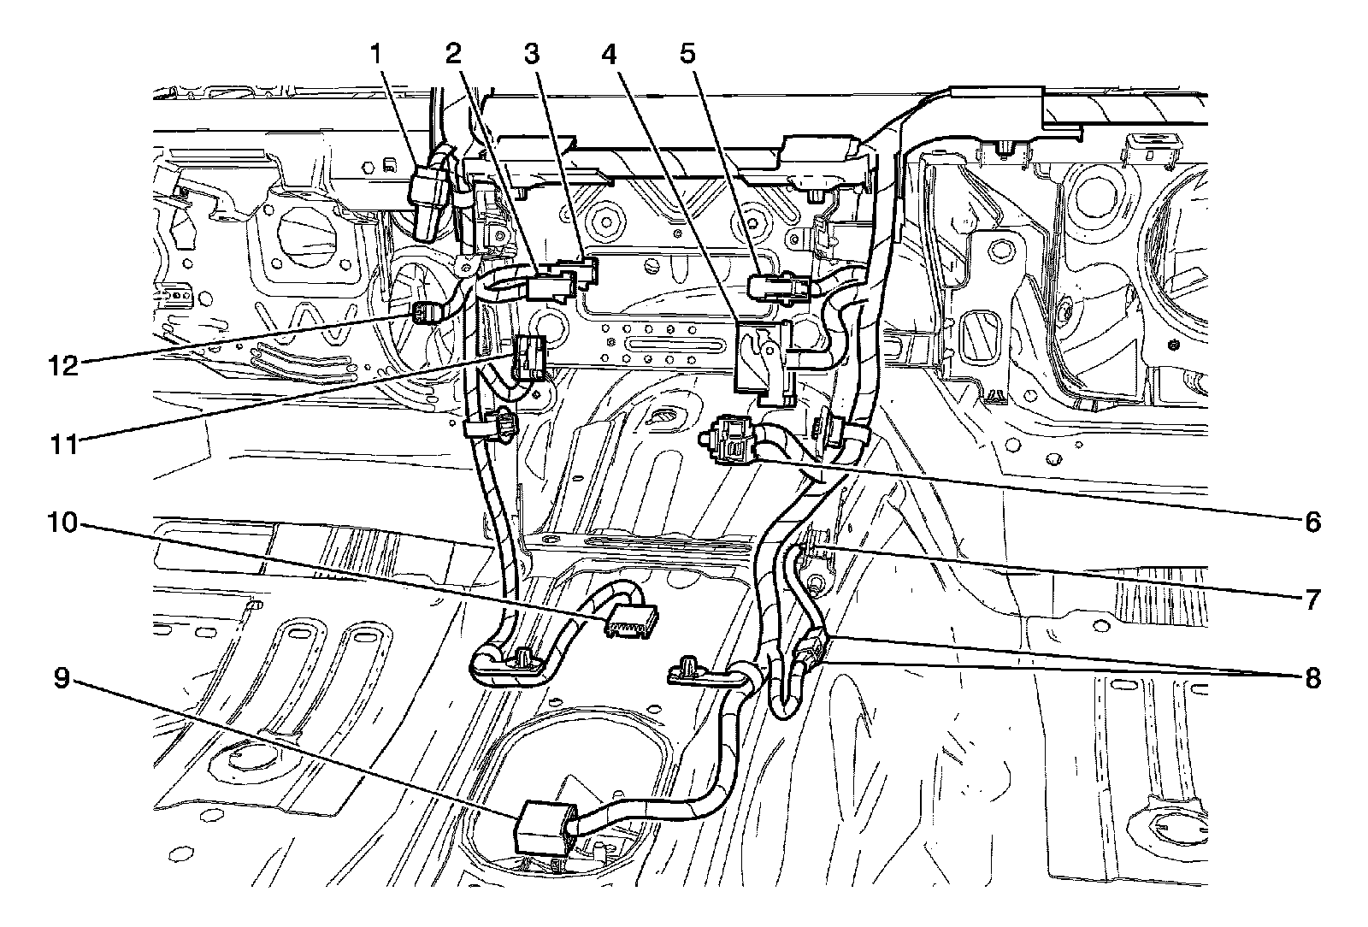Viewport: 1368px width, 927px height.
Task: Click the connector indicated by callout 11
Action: (x=530, y=357)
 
